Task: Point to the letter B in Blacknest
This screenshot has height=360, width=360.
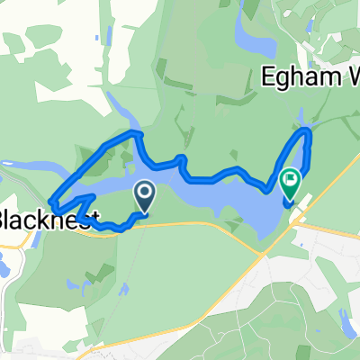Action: (7, 219)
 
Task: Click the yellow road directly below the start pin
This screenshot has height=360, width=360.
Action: (144, 225)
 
